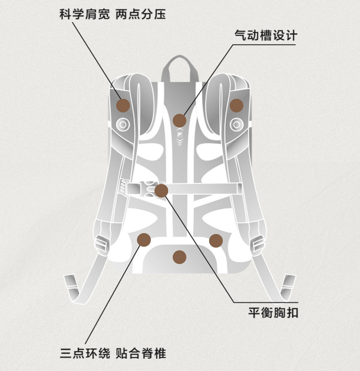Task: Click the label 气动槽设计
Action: pos(265,35)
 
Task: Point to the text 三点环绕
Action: pos(85,352)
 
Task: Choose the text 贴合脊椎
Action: pos(141,352)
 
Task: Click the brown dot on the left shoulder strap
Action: pos(123,106)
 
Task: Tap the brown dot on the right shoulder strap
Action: pos(236,105)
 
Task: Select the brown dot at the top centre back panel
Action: pos(180,120)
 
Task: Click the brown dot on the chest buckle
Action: pos(161,191)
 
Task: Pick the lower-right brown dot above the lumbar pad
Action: pos(216,240)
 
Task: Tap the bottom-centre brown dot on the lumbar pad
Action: pos(180,257)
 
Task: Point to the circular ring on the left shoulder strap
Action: pos(123,124)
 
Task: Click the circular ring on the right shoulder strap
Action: pos(237,124)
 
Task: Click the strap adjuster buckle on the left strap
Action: pos(102,244)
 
